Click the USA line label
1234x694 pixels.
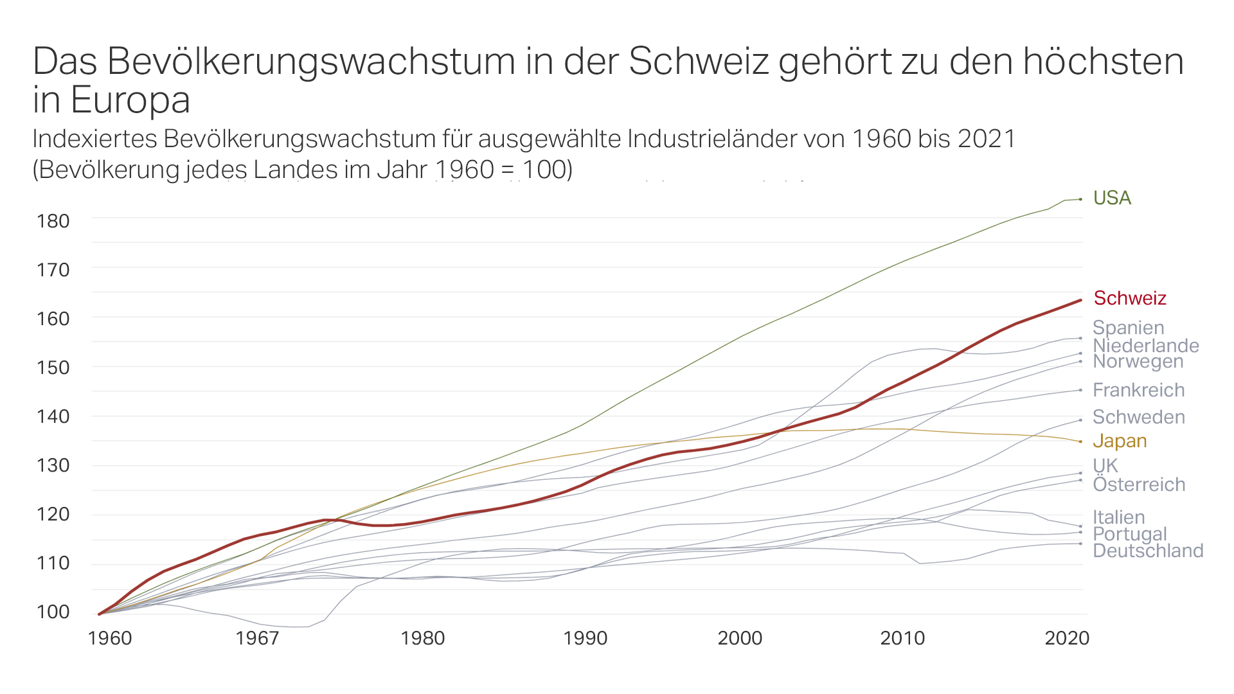click(1112, 198)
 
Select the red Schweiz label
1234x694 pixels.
click(1129, 298)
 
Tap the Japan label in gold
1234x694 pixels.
click(1120, 441)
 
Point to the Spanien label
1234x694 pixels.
click(1128, 328)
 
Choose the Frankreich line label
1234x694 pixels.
click(1138, 390)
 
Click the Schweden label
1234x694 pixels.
click(1138, 417)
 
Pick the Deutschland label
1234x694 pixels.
click(1148, 551)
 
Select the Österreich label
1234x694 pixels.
click(1139, 485)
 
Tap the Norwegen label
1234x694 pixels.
click(1138, 362)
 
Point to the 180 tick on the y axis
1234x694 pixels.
click(53, 221)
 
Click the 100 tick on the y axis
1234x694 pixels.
click(53, 612)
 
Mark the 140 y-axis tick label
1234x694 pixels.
click(53, 416)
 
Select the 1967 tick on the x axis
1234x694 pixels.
click(257, 638)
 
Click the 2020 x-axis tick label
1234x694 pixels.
click(1067, 638)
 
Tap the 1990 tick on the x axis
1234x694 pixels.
click(585, 638)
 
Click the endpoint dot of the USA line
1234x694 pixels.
click(1080, 199)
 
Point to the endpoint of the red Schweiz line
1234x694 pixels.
click(1080, 300)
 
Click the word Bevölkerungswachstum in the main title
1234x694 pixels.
click(311, 62)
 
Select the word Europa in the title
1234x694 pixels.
click(130, 100)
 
